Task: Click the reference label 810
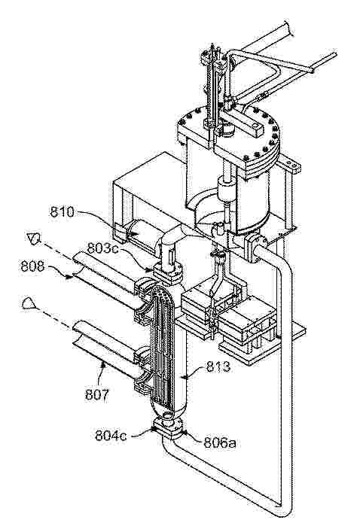(x=63, y=212)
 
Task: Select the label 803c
(x=102, y=248)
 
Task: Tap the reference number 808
(x=32, y=266)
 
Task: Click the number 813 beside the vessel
(x=218, y=366)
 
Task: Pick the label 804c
(x=111, y=435)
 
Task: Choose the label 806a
(x=219, y=442)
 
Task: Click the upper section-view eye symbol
(x=34, y=239)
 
